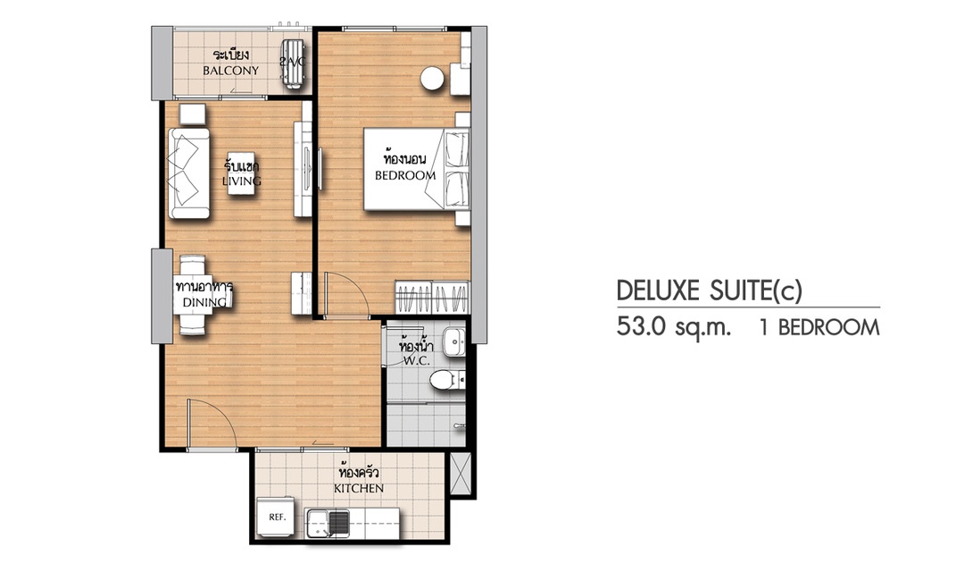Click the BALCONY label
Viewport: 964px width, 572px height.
tap(231, 71)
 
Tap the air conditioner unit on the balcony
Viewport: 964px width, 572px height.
tap(293, 64)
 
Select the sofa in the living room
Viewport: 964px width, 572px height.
tap(189, 173)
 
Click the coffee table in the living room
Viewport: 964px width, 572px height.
tap(242, 173)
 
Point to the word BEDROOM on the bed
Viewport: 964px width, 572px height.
tap(405, 175)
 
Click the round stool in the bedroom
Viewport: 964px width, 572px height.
tap(433, 78)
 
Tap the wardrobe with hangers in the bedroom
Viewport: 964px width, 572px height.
tap(432, 298)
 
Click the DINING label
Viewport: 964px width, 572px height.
tap(204, 302)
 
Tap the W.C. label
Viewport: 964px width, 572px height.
tap(416, 361)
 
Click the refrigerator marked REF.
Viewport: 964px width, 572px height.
tap(278, 517)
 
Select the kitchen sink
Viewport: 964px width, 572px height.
tap(328, 524)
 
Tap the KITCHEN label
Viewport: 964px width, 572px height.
tap(359, 488)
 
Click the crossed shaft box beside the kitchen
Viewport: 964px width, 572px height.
tap(461, 472)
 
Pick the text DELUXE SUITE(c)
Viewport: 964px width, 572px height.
tap(710, 290)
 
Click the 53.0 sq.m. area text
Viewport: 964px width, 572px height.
tap(674, 327)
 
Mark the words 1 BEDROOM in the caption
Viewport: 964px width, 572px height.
tap(819, 328)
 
